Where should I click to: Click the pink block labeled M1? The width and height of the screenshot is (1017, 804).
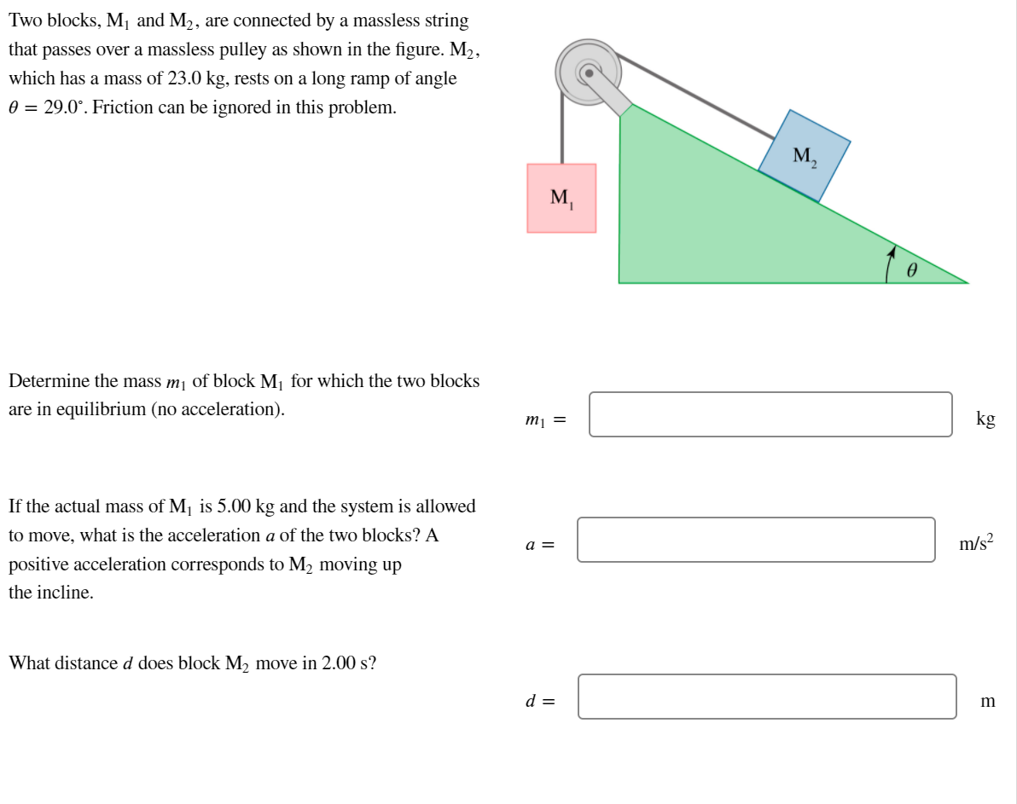click(561, 198)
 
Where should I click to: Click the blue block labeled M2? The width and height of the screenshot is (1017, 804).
click(805, 156)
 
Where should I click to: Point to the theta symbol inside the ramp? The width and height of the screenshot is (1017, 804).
click(912, 270)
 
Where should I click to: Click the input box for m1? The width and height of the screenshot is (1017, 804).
click(770, 414)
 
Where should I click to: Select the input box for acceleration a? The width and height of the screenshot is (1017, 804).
click(755, 540)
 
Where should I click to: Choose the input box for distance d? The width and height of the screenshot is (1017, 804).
click(766, 697)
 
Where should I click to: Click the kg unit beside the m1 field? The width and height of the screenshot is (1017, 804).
click(985, 419)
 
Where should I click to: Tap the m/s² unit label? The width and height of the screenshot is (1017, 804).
click(976, 543)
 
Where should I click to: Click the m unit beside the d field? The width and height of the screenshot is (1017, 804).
click(988, 702)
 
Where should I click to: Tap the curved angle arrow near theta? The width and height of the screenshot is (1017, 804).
click(889, 263)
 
